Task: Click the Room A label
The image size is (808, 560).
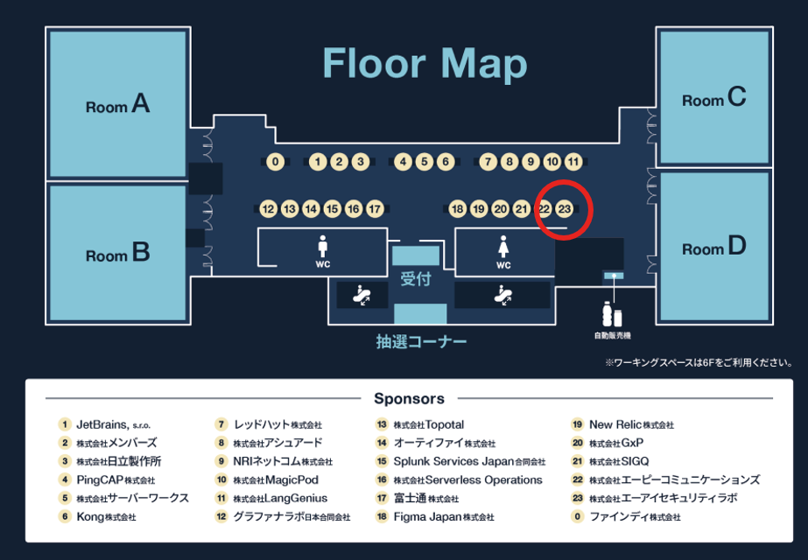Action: (117, 106)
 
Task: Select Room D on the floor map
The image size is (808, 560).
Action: (714, 248)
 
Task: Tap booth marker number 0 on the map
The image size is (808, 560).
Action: (276, 162)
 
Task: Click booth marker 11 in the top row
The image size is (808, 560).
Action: (573, 162)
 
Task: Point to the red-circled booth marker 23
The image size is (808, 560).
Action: (565, 209)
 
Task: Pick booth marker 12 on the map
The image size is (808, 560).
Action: (268, 209)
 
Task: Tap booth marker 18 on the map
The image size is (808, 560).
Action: (457, 209)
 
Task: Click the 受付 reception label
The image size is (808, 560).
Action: (416, 280)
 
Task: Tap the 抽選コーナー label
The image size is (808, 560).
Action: (421, 341)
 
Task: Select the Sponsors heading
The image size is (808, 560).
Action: (409, 399)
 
